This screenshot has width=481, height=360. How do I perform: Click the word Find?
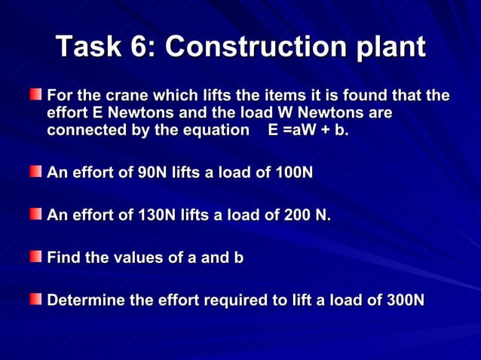[x=63, y=258]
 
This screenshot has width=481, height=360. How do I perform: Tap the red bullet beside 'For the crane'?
[x=36, y=96]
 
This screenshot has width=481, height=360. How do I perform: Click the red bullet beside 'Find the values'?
[x=36, y=258]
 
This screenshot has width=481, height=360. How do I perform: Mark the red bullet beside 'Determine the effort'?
[x=36, y=300]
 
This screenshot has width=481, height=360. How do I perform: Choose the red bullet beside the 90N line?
[x=36, y=172]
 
